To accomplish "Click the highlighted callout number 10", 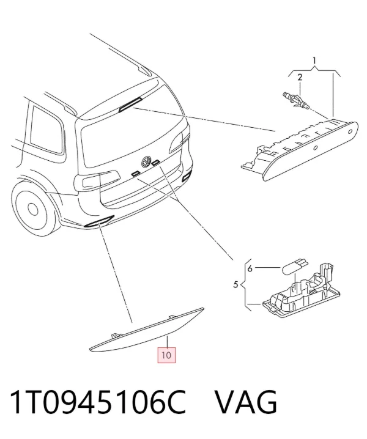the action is pyautogui.click(x=166, y=355).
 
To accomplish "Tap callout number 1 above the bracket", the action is pyautogui.click(x=314, y=61).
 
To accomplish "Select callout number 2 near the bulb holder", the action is pyautogui.click(x=300, y=77).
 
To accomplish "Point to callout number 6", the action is pyautogui.click(x=250, y=268).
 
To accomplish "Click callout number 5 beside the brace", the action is pyautogui.click(x=235, y=285).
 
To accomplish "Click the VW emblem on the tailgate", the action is pyautogui.click(x=146, y=161).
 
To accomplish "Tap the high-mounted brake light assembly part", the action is pyautogui.click(x=300, y=149).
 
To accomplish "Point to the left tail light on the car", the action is pyautogui.click(x=97, y=180).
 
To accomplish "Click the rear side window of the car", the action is pyautogui.click(x=46, y=130).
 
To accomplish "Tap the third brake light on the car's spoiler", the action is pyautogui.click(x=130, y=104).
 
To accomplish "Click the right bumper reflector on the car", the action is pyautogui.click(x=187, y=175).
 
